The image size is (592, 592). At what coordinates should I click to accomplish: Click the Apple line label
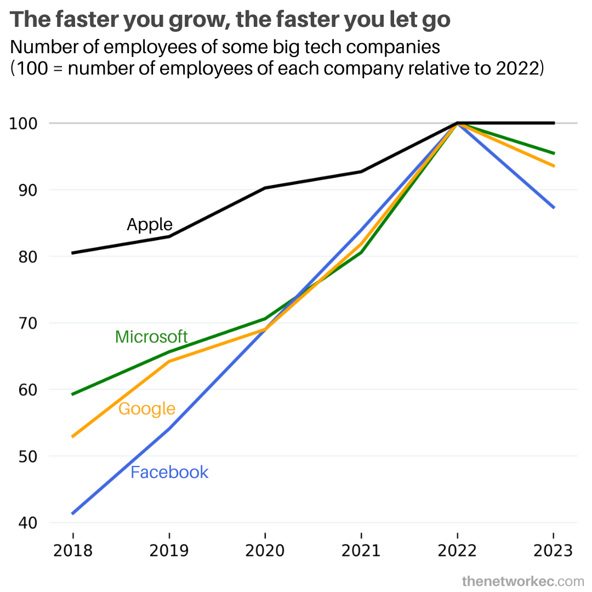(x=150, y=224)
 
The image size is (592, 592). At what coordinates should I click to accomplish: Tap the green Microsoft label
(x=151, y=337)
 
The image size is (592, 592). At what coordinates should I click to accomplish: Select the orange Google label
(x=147, y=409)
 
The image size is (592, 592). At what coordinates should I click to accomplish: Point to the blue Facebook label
(x=169, y=473)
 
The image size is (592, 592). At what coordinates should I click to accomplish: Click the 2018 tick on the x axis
(x=73, y=550)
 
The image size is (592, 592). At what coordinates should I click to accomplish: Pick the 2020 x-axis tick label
(x=265, y=550)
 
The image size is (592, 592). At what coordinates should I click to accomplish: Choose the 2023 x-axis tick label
(x=553, y=550)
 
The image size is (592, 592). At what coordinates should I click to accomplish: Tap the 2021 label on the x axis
(x=361, y=550)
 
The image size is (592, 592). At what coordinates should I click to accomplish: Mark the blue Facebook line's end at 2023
(x=554, y=208)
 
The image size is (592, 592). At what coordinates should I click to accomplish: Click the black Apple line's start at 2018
(x=72, y=253)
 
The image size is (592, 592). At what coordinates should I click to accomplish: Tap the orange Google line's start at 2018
(x=72, y=437)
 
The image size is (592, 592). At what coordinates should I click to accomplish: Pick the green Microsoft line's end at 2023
(x=554, y=153)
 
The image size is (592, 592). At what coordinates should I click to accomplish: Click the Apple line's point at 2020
(x=265, y=188)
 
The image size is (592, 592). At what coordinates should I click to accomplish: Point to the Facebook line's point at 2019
(x=169, y=429)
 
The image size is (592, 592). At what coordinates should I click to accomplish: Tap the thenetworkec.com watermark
(x=522, y=580)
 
